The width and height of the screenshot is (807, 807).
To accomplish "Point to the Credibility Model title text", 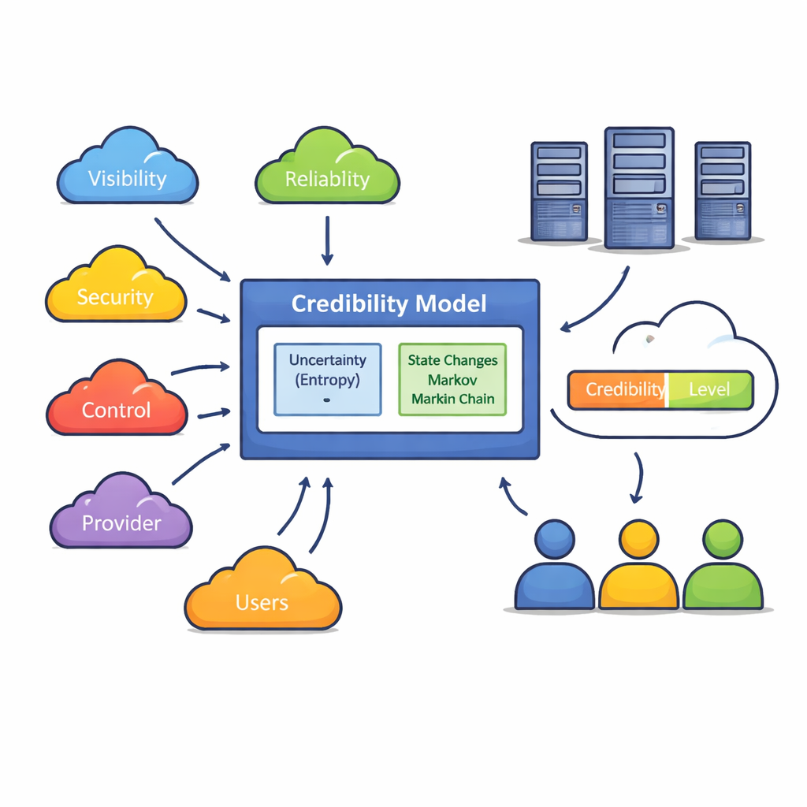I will point(389,304).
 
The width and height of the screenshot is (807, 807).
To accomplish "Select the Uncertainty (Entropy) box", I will point(327,378).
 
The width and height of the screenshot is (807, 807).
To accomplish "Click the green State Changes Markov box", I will point(452,379).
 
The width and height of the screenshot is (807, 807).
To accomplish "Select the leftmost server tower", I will point(559,191).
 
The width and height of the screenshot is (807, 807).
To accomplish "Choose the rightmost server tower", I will point(722,191).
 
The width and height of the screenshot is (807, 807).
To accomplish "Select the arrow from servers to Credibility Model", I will point(597,303).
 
